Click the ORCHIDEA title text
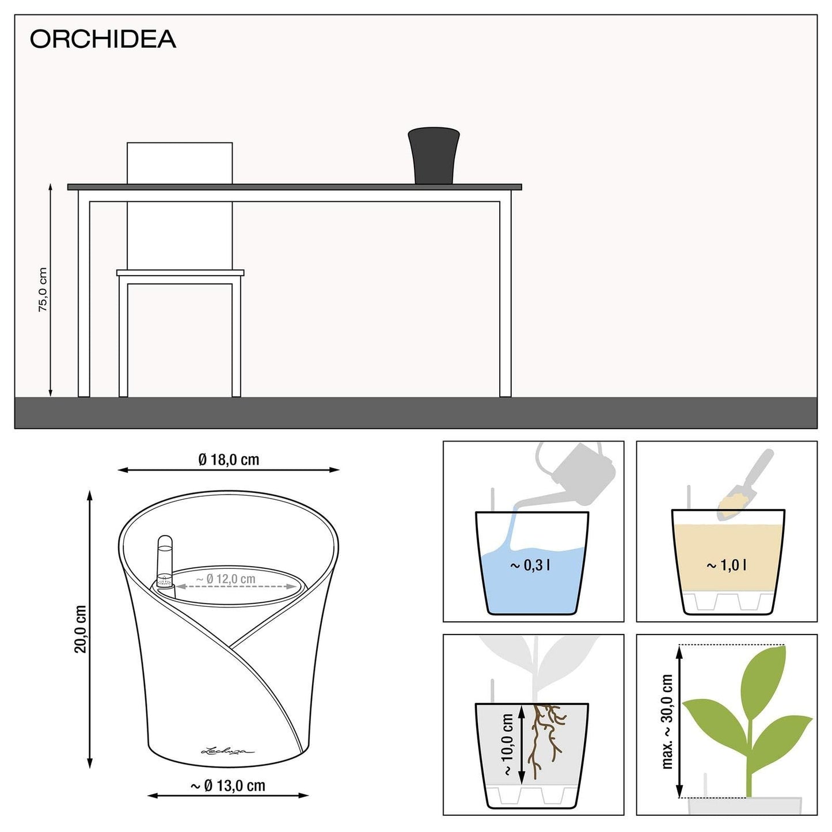click(x=102, y=39)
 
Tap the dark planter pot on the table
click(x=434, y=156)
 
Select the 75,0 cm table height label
click(x=43, y=290)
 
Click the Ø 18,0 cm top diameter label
click(x=229, y=459)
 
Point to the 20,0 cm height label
click(x=81, y=629)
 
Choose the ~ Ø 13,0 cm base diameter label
click(x=228, y=786)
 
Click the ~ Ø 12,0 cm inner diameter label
click(x=226, y=579)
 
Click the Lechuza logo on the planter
click(x=227, y=751)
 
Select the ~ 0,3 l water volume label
click(x=530, y=565)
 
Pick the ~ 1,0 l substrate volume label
click(x=727, y=565)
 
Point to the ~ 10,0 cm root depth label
click(x=507, y=744)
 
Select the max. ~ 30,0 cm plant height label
click(x=667, y=721)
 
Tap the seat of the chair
click(x=180, y=273)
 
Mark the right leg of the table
click(x=505, y=299)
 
